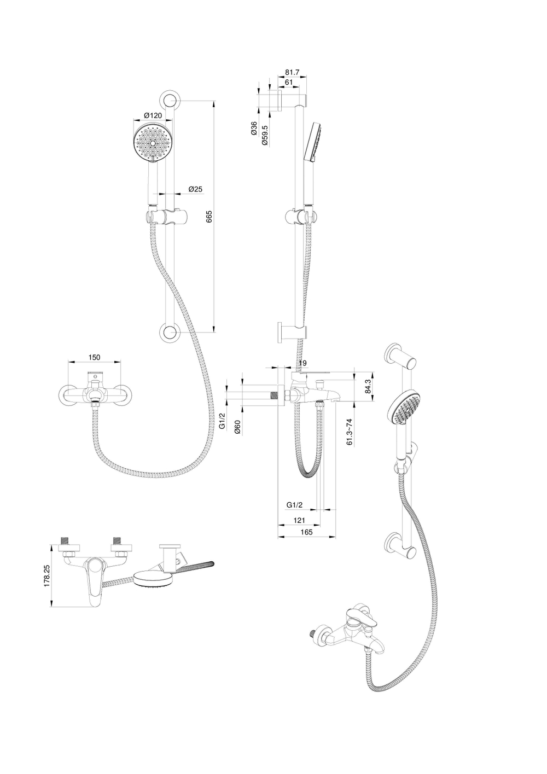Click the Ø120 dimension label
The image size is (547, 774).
tap(153, 115)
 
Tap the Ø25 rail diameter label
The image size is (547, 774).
tap(195, 189)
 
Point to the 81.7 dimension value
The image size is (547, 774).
tap(293, 72)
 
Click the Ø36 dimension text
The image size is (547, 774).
tap(254, 129)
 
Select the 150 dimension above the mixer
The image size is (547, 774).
tap(94, 357)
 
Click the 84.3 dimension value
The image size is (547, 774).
tap(369, 387)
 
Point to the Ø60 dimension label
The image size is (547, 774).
tap(237, 427)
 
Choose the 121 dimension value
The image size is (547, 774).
tap(299, 521)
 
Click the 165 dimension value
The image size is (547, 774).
tap(306, 532)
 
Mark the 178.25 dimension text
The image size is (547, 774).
tap(48, 577)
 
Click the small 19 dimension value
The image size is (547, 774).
tap(303, 363)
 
